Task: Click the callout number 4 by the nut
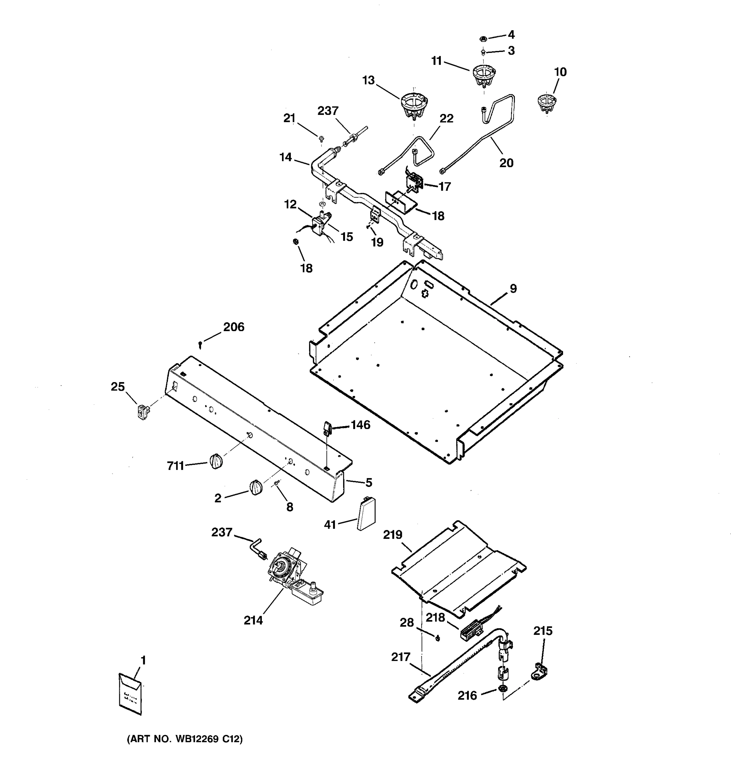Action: tap(511, 35)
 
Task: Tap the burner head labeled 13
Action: tap(413, 104)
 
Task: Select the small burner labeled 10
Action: tap(547, 102)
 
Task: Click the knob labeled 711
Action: tap(216, 461)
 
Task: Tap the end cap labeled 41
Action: tap(366, 513)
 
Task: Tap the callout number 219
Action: tap(392, 535)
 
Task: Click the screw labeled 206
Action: tap(201, 345)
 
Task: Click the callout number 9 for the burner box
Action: tap(513, 289)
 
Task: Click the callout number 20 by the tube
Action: tap(506, 163)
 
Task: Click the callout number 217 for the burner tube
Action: tap(400, 656)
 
